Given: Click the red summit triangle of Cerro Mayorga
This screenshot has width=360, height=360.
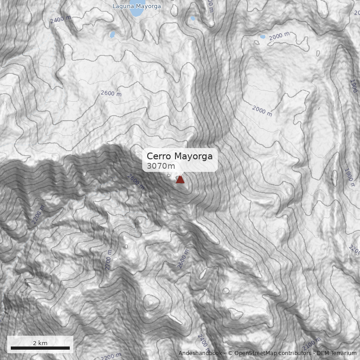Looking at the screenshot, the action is tap(180, 179).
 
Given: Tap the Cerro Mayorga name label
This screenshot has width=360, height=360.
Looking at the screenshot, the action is tap(180, 156).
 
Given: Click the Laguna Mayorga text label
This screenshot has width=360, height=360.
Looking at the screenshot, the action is tap(136, 6).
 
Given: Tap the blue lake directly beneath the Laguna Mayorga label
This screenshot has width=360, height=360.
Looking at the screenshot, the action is tap(135, 13).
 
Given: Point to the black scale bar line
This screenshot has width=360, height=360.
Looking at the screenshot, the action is tap(40, 348).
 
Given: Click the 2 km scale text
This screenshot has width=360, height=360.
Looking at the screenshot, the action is tap(40, 343).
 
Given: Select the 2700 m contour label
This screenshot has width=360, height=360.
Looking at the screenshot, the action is tap(108, 260).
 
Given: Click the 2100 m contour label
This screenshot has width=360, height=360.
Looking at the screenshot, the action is tap(312, 344).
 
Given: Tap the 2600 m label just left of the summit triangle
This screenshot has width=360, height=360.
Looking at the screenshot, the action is tap(136, 182).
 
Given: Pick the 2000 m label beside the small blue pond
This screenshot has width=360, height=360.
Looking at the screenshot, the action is tap(279, 36).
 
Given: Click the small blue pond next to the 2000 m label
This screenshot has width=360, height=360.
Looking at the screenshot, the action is tap(262, 36).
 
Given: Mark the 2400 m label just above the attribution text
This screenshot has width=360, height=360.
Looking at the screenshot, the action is tap(203, 342).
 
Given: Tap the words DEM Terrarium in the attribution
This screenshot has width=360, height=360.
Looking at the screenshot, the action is tap(336, 353).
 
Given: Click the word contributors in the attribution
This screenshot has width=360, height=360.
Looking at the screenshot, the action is tap(292, 353).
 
